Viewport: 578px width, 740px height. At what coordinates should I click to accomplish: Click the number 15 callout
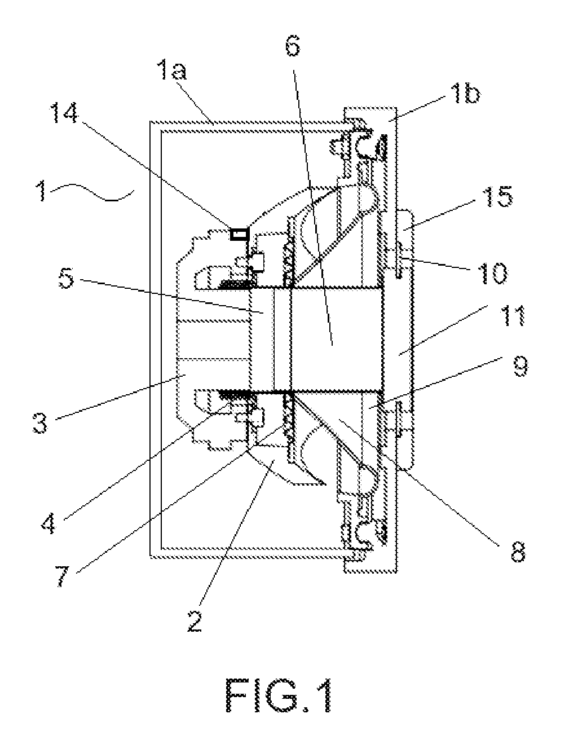tap(497, 197)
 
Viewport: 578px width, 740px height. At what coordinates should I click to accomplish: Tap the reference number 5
tap(66, 278)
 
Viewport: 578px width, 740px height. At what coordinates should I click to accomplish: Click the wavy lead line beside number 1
tap(91, 192)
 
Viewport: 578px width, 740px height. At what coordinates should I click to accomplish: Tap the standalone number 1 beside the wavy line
tap(42, 191)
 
